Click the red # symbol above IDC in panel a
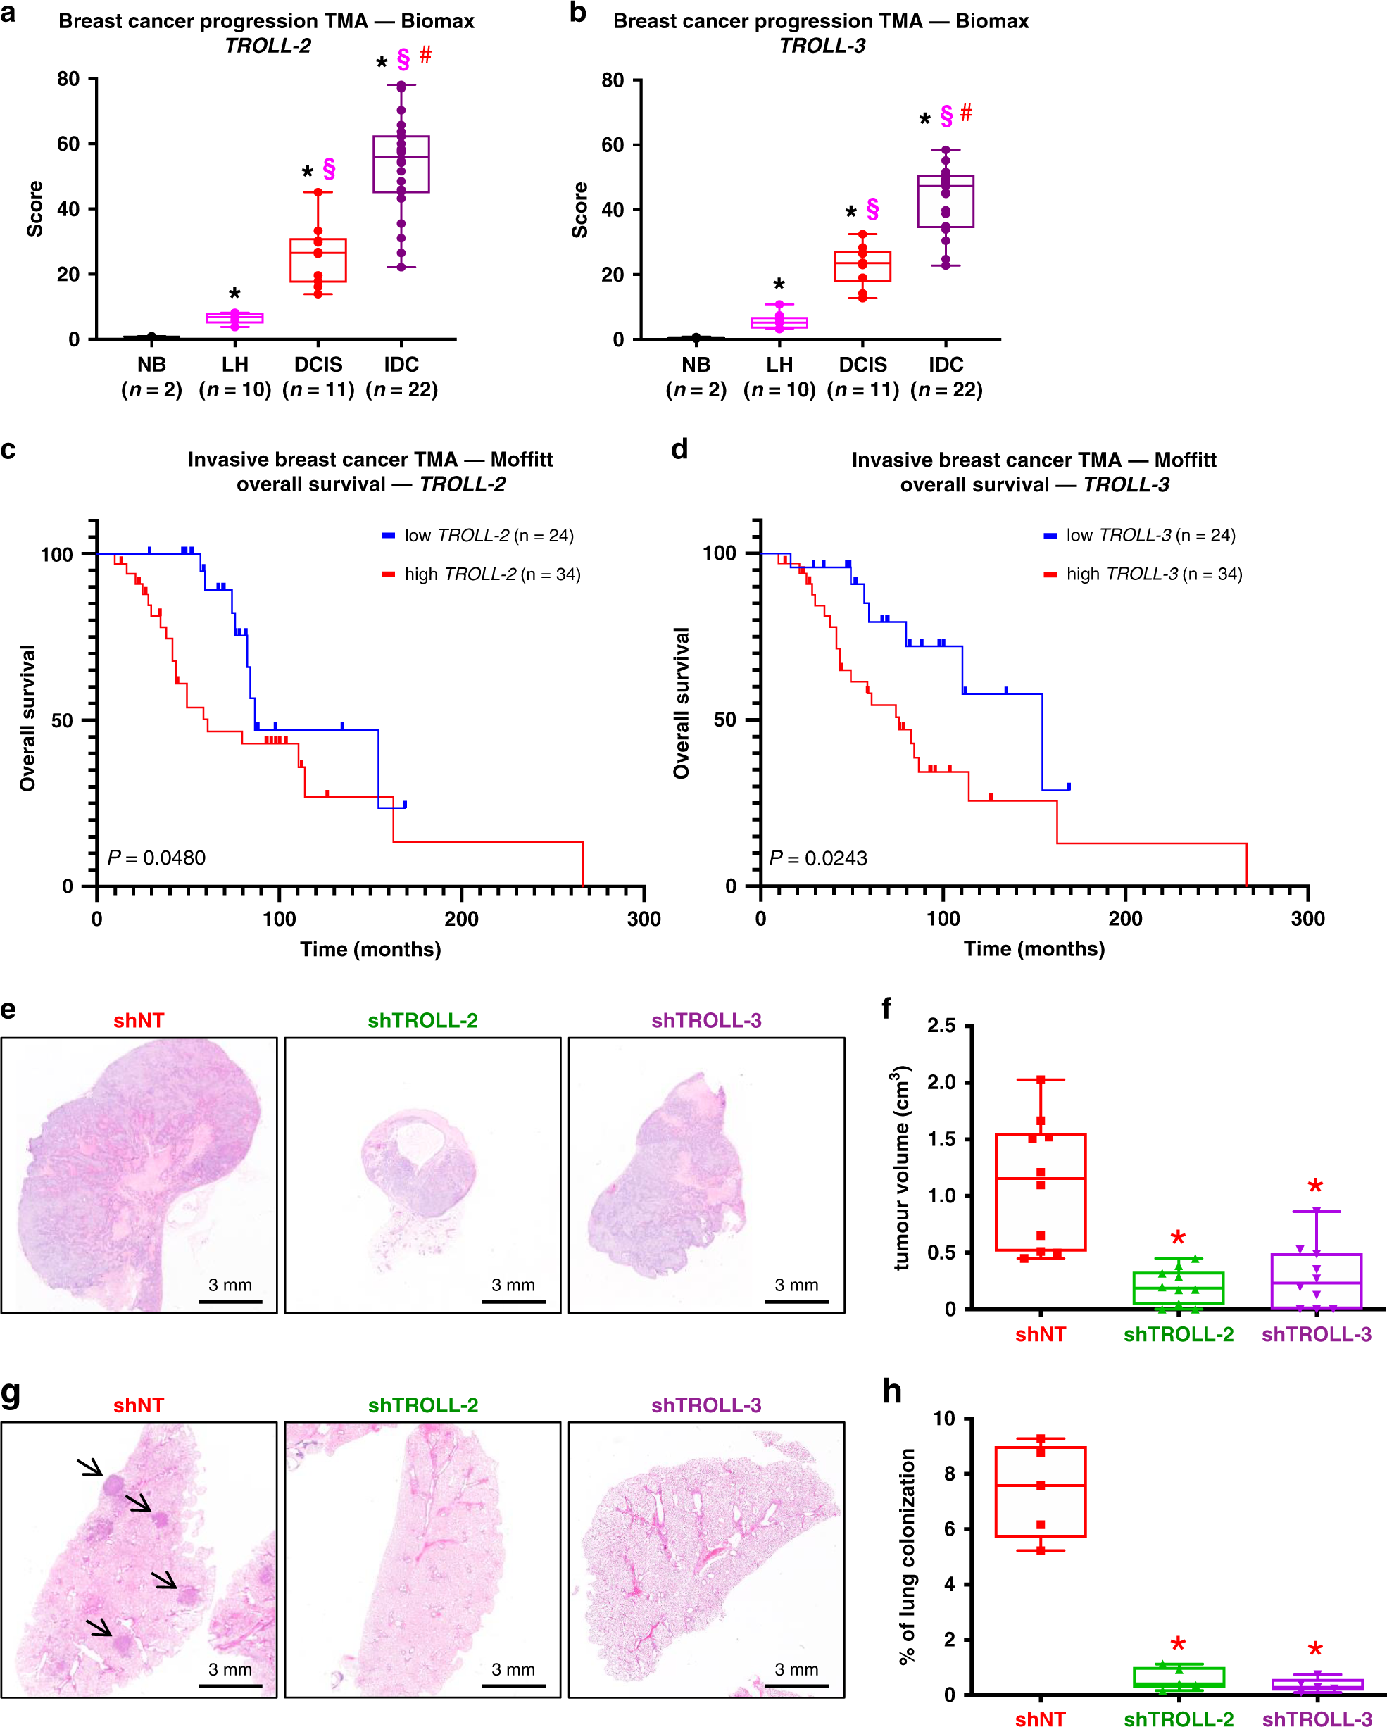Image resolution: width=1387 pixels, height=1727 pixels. point(425,56)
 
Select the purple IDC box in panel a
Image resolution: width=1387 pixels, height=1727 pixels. point(401,164)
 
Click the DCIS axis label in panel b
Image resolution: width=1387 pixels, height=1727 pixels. point(863,365)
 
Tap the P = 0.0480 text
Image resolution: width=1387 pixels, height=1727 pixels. point(157,858)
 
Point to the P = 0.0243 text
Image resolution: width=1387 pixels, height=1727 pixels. point(819,858)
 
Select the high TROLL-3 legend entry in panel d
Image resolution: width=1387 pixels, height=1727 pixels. point(1144,574)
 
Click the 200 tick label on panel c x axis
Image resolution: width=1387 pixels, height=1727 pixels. point(462,919)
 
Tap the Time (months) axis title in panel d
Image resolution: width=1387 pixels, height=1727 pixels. point(1034,949)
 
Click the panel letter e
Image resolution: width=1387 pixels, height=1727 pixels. point(9,1008)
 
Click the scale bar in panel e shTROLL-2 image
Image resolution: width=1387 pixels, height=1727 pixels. point(513,1302)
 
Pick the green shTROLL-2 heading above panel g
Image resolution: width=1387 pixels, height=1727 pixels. point(423,1405)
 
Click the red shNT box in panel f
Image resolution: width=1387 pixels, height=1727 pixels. point(1040,1193)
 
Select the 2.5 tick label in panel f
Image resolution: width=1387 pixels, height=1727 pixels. point(941,1026)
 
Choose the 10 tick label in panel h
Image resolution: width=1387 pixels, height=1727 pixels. point(945,1419)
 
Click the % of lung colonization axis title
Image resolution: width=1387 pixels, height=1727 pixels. point(907,1557)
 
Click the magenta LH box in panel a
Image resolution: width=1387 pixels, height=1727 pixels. point(234,318)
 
